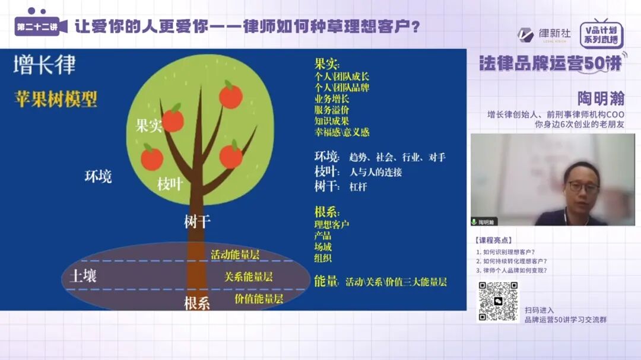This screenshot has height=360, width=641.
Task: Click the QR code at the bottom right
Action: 499,302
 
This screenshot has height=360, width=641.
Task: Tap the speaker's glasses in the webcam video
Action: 583,186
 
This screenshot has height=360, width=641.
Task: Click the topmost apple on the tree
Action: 230,95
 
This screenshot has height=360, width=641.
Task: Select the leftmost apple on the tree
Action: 152,158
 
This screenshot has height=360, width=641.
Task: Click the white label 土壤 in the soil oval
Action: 83,276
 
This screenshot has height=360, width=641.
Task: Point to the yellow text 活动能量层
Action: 235,254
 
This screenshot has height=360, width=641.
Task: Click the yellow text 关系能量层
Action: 248,276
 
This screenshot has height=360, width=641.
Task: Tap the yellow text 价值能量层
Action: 259,298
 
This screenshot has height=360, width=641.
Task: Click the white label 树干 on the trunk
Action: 197,222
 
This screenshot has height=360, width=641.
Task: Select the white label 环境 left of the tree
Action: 98,176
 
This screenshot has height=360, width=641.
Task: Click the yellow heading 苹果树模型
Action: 56,99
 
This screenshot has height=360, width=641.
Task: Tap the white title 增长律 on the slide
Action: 45,65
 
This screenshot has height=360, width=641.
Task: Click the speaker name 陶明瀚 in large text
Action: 601,98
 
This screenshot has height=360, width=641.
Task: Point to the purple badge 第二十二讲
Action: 37,27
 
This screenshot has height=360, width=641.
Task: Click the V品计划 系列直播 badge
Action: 601,34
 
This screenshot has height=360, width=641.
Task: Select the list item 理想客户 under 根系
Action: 332,224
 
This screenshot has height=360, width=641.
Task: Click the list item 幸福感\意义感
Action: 342,132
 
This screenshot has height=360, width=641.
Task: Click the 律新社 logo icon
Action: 526,34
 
